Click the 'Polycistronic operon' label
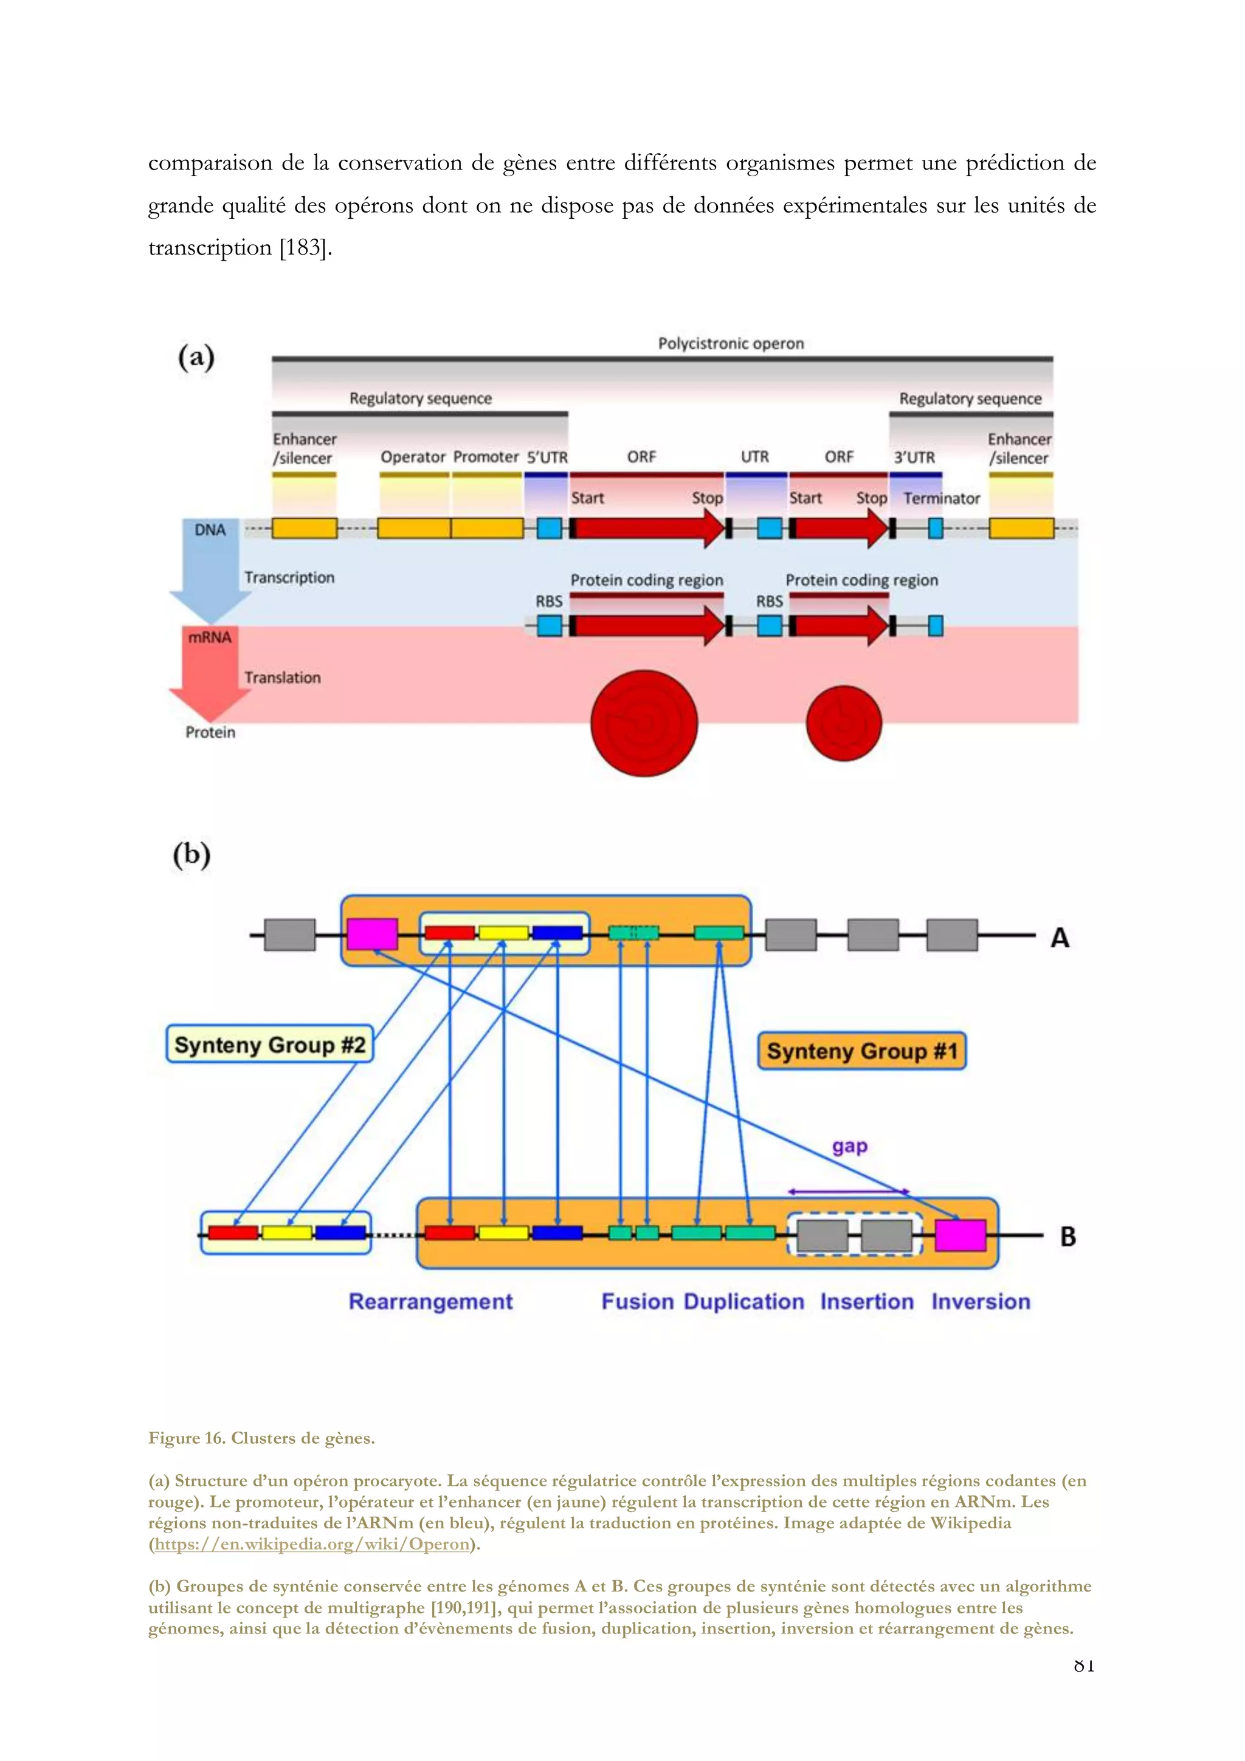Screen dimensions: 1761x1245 [730, 343]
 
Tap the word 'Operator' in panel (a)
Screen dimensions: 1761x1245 [413, 457]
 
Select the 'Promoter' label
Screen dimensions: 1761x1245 [486, 457]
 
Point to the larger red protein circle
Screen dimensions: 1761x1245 [644, 723]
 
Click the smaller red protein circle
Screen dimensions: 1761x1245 [844, 723]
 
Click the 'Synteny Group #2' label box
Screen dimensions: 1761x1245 [269, 1045]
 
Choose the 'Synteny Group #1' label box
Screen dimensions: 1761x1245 [861, 1051]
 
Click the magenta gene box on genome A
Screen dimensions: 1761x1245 [372, 933]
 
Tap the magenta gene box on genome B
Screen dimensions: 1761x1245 [960, 1235]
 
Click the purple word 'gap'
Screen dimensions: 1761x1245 [850, 1147]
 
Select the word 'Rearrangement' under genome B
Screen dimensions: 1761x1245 [430, 1302]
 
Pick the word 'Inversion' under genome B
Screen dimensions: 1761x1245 [981, 1302]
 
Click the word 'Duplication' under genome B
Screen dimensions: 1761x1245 [743, 1302]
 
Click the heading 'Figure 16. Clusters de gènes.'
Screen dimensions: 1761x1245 [261, 1438]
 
